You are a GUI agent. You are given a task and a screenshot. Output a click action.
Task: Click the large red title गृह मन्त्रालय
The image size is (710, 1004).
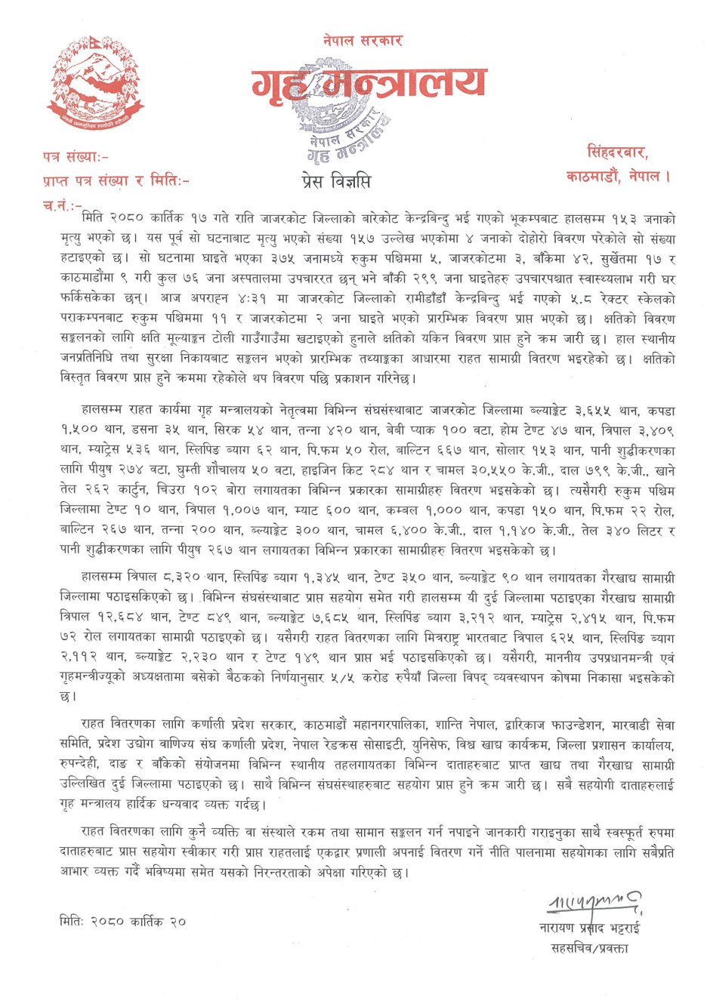[x=370, y=86]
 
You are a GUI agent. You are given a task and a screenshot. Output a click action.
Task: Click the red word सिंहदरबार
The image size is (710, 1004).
[x=617, y=152]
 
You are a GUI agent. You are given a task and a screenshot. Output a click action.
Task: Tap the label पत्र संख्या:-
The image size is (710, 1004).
[x=76, y=157]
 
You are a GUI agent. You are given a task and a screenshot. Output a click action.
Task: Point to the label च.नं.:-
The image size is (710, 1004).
[x=63, y=205]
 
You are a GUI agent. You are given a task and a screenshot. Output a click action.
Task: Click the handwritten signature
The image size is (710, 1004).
[x=594, y=901]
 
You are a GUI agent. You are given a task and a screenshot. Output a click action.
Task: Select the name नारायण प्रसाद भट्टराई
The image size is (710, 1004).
[x=590, y=928]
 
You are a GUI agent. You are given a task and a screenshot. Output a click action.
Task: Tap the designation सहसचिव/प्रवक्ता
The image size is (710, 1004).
[x=589, y=948]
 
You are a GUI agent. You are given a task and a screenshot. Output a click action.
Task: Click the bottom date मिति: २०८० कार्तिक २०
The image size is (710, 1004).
[x=122, y=922]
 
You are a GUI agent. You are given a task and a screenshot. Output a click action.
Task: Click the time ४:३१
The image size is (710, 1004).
[x=238, y=298]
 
